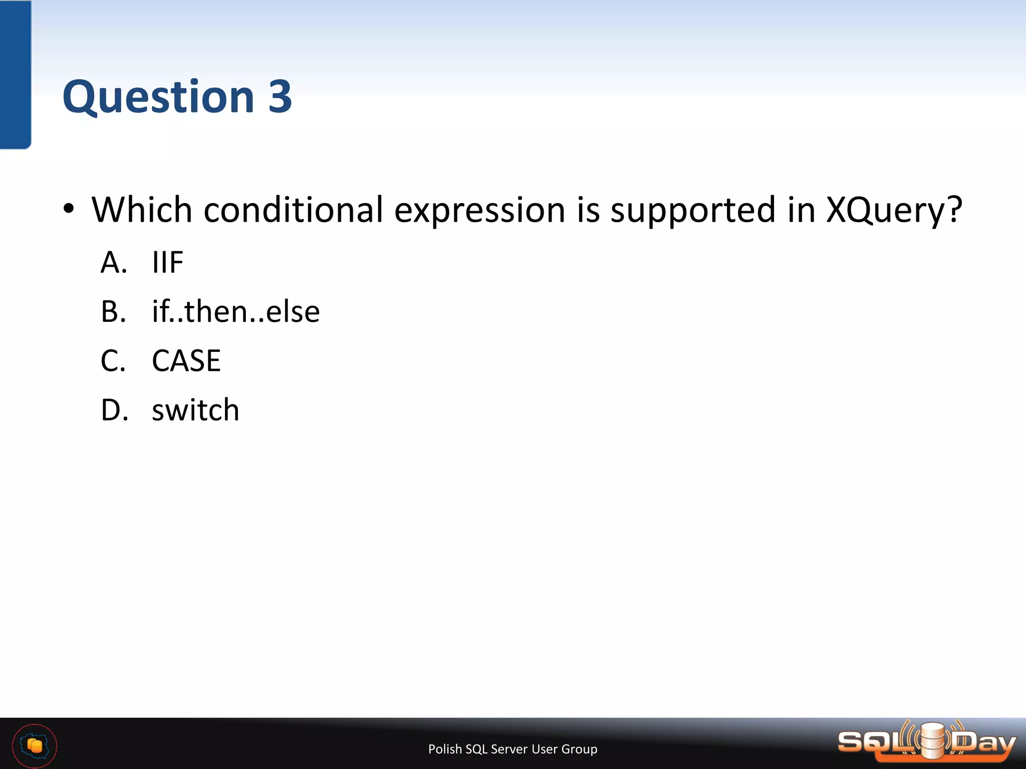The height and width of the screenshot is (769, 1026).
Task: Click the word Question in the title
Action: click(x=158, y=97)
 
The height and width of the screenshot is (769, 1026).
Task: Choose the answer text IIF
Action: click(x=168, y=262)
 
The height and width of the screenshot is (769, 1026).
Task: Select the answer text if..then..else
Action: click(x=235, y=311)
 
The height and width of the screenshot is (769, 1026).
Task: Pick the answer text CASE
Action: click(x=186, y=360)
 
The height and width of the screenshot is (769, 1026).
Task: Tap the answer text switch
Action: click(x=195, y=410)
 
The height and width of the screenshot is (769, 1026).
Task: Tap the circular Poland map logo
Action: click(x=35, y=745)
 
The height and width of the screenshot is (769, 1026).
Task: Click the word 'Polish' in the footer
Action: click(x=445, y=749)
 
